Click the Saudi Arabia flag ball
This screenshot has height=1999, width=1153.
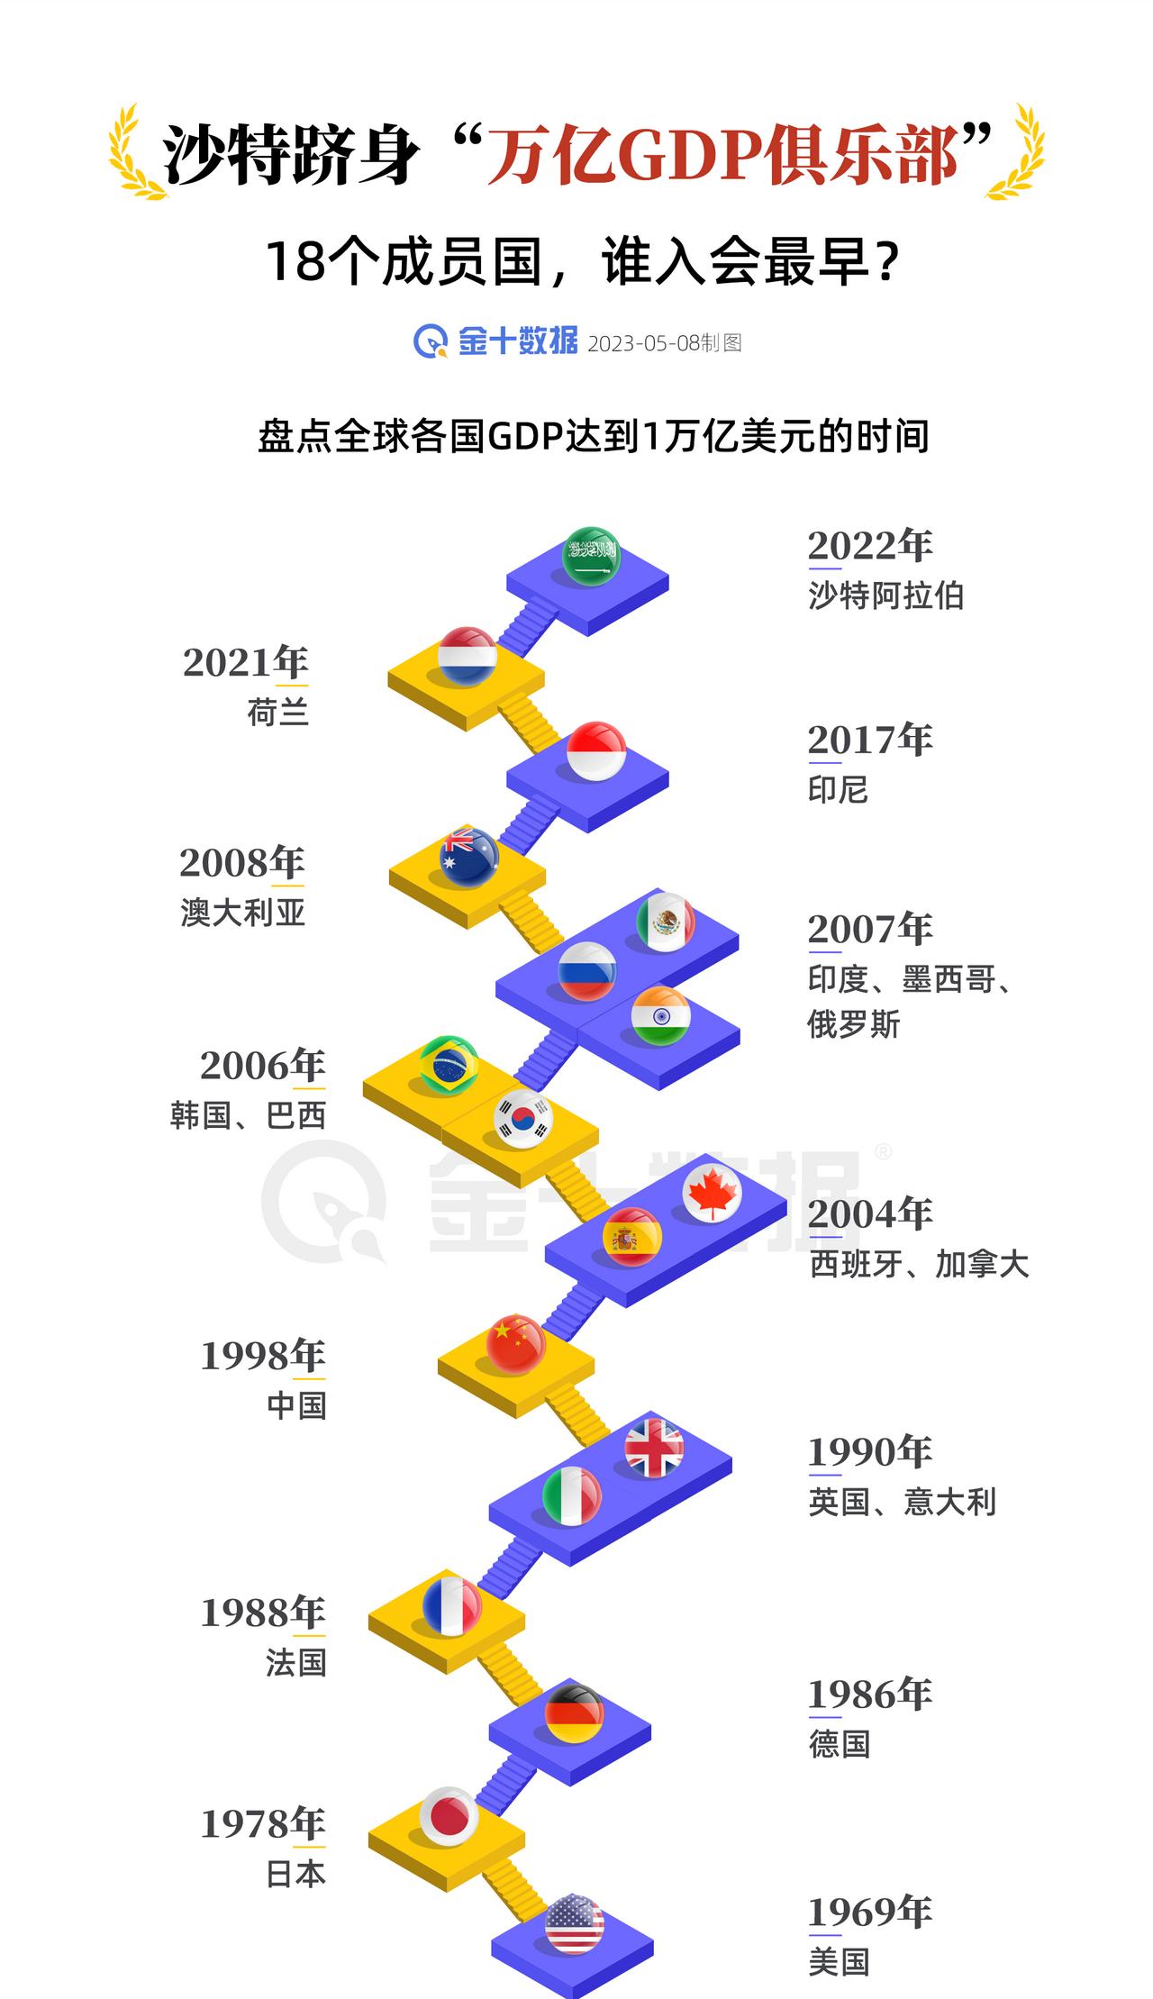pos(591,557)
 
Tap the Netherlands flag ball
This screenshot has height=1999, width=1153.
pos(467,656)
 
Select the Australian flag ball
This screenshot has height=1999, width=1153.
pos(468,857)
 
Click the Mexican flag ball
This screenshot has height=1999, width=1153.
pos(666,922)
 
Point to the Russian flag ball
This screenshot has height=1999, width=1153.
pos(587,971)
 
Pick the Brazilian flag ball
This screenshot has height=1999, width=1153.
pos(449,1065)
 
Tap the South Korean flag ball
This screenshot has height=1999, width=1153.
pos(522,1118)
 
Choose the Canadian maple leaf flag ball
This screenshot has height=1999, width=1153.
pos(712,1193)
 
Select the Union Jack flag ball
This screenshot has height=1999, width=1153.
pos(654,1448)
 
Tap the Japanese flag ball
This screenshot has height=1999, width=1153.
pos(449,1816)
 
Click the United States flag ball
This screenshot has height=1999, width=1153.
pos(574,1923)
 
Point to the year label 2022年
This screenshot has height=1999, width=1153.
pos(869,546)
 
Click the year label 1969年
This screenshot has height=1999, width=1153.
pos(869,1912)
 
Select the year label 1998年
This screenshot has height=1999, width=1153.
pos(262,1356)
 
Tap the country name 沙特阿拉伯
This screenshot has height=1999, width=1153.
pos(885,595)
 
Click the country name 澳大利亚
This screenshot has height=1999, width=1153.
pos(243,913)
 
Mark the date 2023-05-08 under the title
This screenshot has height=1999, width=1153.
pos(643,343)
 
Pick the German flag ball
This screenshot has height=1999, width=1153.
pos(574,1713)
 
